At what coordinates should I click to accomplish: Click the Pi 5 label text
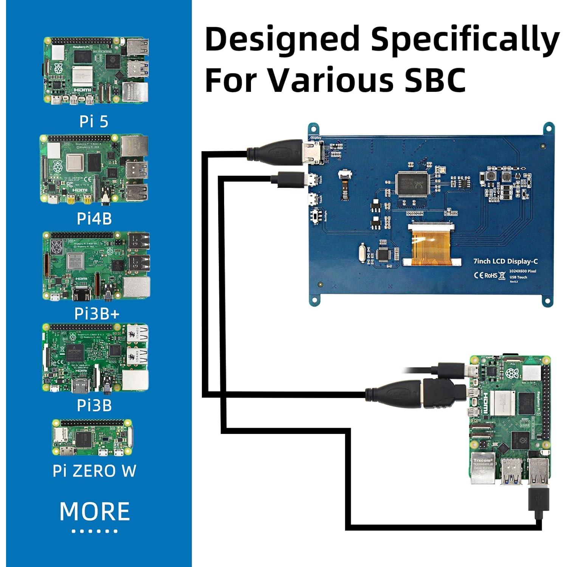coord(94,121)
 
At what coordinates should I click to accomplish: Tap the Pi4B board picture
coord(94,169)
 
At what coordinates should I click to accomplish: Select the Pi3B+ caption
coord(96,314)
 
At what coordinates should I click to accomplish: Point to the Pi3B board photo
coord(95,358)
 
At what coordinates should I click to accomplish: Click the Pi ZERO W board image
coord(93,437)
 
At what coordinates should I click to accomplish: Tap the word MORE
coord(94,511)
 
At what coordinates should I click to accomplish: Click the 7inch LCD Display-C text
coord(505,261)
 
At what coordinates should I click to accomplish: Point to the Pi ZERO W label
coord(94,471)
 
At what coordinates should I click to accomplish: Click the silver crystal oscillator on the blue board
coord(362,253)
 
